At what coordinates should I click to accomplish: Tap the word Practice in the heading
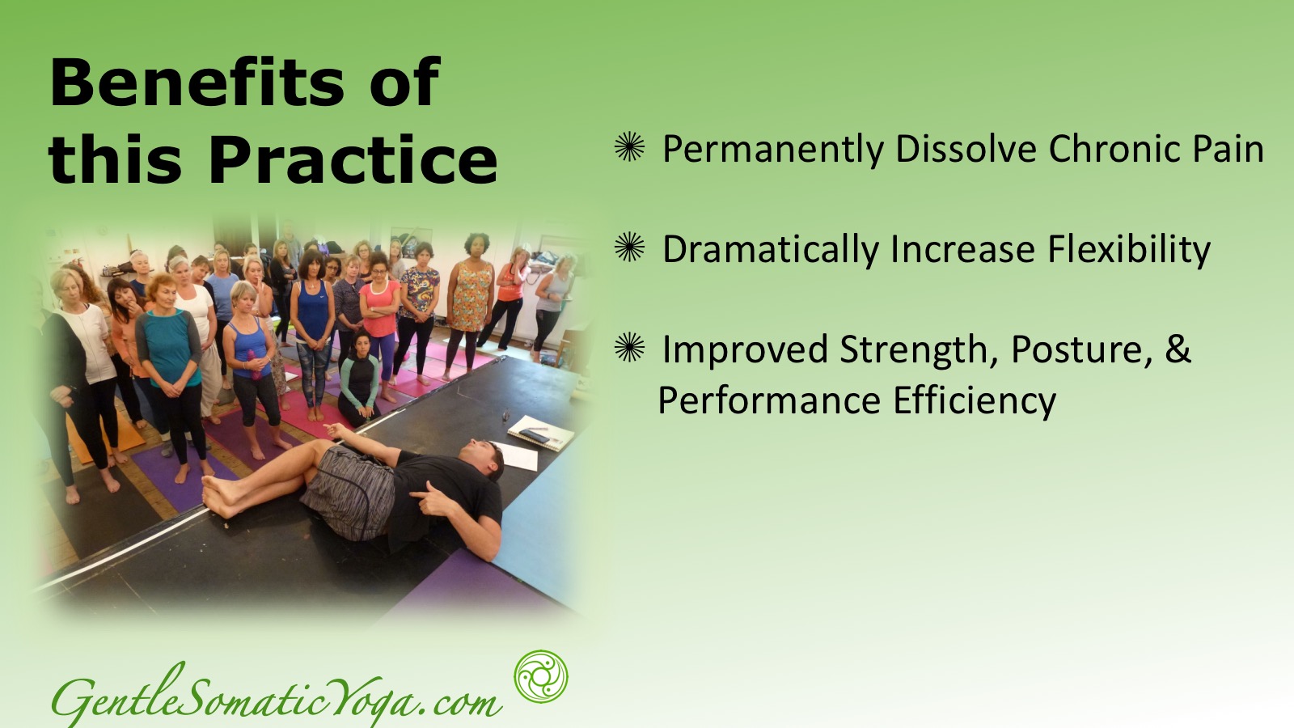(353, 159)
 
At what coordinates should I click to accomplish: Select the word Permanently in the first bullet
(773, 149)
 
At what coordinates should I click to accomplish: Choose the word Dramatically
(769, 249)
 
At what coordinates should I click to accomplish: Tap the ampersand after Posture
(1178, 349)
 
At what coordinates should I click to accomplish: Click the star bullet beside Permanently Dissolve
(629, 146)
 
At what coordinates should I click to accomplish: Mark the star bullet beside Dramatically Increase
(629, 247)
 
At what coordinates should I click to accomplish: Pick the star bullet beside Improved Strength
(629, 347)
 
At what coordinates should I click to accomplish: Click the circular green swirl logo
(541, 676)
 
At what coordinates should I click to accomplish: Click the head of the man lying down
(485, 459)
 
